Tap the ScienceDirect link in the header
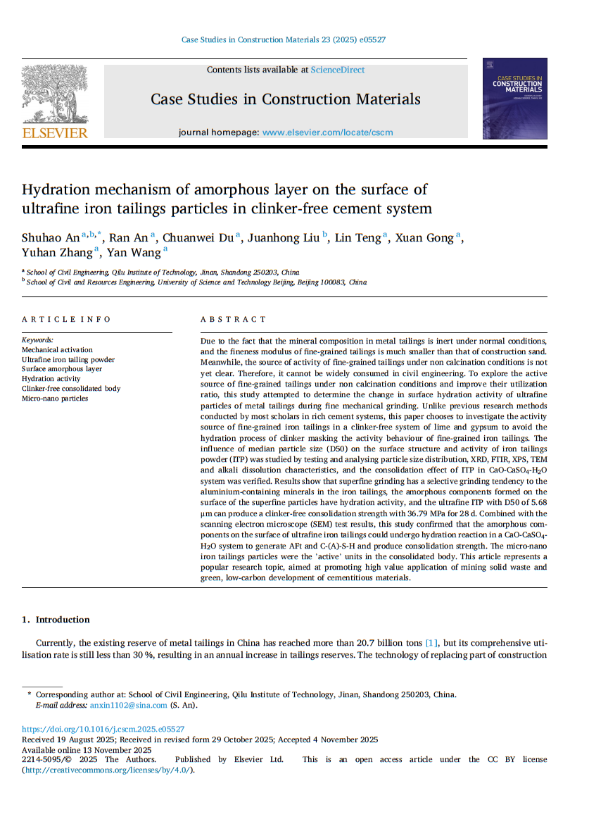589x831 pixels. tap(338, 70)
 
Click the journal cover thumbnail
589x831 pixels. tap(514, 99)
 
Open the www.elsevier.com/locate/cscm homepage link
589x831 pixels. tap(327, 132)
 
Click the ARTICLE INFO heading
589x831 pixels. tap(66, 320)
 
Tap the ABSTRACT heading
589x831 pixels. tap(234, 320)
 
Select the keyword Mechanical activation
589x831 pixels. tap(57, 350)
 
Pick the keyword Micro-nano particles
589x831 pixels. tap(55, 399)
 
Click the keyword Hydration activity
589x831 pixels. tap(51, 379)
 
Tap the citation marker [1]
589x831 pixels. tap(431, 642)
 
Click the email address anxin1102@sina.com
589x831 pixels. tap(129, 705)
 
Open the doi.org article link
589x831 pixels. tap(103, 730)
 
